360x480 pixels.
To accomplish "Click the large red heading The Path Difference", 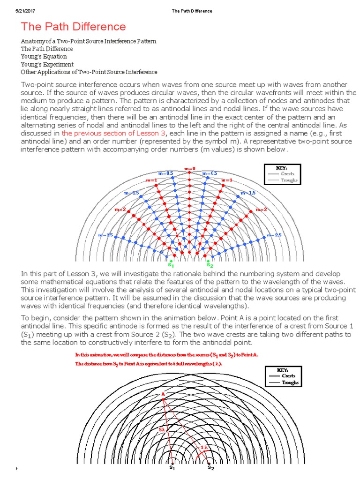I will tap(73, 27).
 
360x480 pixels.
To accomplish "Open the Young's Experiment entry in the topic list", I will tap(47, 64).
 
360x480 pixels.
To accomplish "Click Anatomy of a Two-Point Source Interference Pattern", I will tap(89, 42).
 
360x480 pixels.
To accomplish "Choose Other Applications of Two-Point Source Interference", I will tap(89, 72).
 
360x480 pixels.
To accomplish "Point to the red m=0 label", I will tap(189, 168).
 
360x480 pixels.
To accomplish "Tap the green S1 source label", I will tap(171, 256).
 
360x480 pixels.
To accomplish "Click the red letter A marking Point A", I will tap(163, 394).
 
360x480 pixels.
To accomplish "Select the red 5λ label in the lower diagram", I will tap(162, 429).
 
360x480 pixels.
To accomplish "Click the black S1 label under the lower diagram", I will tap(172, 468).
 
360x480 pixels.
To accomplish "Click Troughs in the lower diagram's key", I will tap(290, 382).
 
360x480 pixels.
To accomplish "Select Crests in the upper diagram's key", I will tap(287, 174).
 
